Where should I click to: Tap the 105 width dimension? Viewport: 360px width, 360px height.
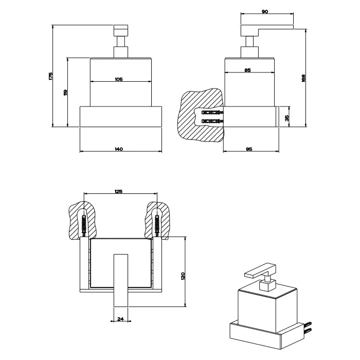pos(118,79)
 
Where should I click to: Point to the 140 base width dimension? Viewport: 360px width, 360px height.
pos(119,149)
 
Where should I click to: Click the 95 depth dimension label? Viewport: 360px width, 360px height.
pos(248,149)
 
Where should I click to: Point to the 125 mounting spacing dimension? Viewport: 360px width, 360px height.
pos(118,192)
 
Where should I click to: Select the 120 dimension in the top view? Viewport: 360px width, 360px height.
pos(183,276)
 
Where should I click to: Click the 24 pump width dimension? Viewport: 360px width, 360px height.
pos(120,319)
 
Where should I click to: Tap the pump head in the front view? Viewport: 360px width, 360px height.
pos(120,29)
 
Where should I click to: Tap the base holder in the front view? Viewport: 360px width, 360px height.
pos(121,117)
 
